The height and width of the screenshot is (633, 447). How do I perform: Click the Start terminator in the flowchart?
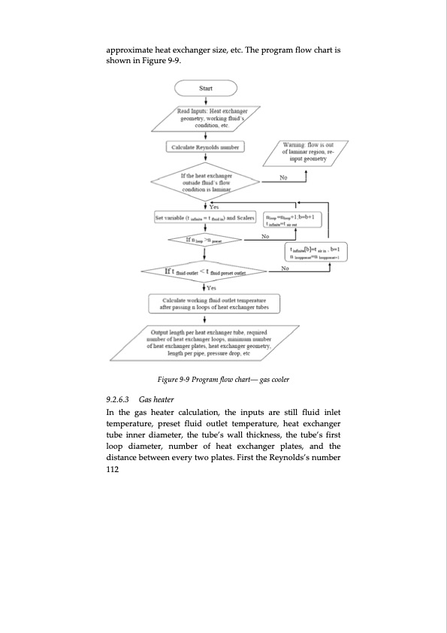pos(205,89)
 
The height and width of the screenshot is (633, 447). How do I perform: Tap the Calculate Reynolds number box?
pos(205,147)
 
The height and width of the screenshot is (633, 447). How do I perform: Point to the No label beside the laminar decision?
pos(283,178)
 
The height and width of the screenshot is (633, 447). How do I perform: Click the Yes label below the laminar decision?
pos(213,207)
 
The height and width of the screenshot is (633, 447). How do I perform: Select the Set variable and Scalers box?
pos(205,218)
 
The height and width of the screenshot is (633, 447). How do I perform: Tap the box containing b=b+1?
pos(299,218)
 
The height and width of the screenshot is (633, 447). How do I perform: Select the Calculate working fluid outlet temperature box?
pos(205,302)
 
